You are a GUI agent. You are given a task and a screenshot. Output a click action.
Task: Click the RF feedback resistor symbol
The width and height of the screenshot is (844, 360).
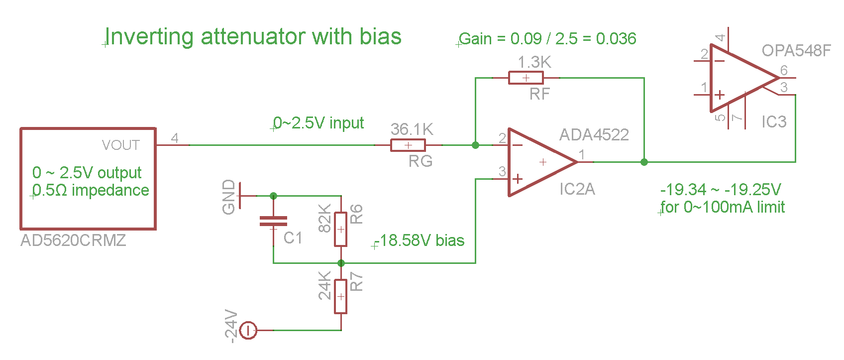point(526,78)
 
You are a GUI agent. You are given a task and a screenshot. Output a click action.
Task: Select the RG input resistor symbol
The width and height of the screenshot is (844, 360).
point(408,145)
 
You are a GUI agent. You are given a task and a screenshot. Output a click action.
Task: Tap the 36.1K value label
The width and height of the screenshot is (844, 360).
point(412,129)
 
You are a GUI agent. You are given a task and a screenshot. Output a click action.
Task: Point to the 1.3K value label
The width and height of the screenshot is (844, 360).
point(534,62)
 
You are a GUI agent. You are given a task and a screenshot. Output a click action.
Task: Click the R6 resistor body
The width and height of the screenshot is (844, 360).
point(340,229)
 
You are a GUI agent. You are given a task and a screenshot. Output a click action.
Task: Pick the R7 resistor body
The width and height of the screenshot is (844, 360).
point(340,296)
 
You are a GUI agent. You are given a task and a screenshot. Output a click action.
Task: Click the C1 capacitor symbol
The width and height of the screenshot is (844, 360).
point(273,221)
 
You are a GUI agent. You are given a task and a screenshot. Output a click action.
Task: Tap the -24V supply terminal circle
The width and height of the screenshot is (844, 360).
point(248,330)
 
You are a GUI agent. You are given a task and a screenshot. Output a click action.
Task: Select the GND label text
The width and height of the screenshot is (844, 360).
point(228,197)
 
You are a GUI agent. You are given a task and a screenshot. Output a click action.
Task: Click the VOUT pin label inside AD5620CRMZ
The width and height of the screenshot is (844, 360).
point(120,145)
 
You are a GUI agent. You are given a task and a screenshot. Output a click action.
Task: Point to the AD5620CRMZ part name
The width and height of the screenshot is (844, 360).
point(73,240)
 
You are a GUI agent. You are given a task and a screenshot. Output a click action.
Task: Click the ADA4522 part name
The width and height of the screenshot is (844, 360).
point(594,135)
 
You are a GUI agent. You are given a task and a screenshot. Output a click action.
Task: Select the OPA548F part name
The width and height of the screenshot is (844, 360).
point(796,50)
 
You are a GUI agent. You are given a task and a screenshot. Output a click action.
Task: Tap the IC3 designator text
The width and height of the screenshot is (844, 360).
point(774,122)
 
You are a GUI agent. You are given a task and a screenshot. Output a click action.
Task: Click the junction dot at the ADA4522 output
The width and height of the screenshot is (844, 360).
point(644,162)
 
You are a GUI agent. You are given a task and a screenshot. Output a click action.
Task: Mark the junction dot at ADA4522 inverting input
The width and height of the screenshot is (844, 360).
point(475,145)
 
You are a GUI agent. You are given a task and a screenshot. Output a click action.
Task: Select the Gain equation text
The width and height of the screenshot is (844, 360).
point(547,39)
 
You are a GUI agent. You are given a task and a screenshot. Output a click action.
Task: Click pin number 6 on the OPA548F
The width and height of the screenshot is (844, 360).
point(784,70)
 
